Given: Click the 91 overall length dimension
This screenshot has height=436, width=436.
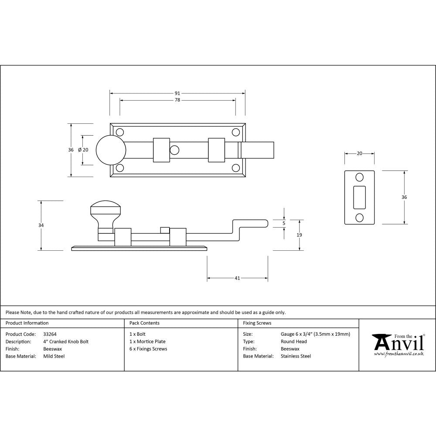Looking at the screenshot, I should click(177, 93).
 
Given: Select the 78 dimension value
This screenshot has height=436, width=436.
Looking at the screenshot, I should click(177, 100).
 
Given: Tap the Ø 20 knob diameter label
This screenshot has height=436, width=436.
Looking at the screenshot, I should click(83, 150).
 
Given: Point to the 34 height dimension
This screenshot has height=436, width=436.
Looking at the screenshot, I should click(41, 225).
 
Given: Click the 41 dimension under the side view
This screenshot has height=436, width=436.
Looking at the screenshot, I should click(237, 278).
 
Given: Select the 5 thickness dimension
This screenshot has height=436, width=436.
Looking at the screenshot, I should click(284, 223).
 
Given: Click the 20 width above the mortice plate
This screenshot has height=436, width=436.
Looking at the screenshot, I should click(359, 153).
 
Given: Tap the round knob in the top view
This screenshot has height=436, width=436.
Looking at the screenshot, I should click(111, 150).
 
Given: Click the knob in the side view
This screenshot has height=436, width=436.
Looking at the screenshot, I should click(105, 212).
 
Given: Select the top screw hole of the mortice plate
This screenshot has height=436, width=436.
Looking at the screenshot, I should click(360, 177).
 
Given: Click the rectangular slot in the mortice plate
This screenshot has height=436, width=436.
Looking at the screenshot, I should click(360, 197).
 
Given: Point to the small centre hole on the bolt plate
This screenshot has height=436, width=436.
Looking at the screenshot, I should click(175, 150).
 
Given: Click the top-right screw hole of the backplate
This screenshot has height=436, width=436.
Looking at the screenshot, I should click(235, 132).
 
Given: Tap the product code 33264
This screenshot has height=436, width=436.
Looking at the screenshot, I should click(50, 334).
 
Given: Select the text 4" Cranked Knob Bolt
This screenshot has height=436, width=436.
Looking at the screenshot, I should click(66, 341).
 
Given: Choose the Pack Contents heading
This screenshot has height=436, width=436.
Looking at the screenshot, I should click(144, 323).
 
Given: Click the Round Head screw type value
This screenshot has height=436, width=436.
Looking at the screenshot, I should click(293, 341).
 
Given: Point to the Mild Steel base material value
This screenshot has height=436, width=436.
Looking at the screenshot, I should click(54, 356).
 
